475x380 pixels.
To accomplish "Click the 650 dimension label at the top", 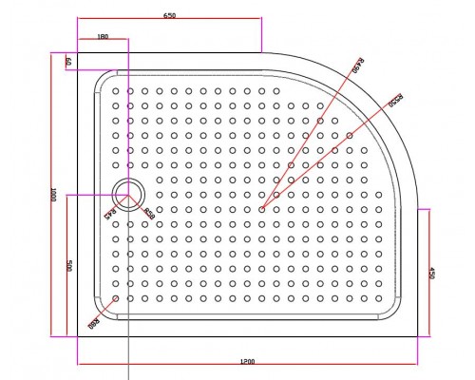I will pyautogui.click(x=169, y=15).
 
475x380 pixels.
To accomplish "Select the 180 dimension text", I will pyautogui.click(x=102, y=38).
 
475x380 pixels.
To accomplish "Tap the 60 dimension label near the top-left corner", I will pyautogui.click(x=67, y=62).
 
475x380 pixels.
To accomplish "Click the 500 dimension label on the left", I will pyautogui.click(x=69, y=266).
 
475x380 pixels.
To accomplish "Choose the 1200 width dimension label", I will pyautogui.click(x=247, y=361).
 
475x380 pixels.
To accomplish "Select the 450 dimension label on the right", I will pyautogui.click(x=433, y=273).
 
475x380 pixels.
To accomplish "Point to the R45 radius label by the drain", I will pyautogui.click(x=112, y=213).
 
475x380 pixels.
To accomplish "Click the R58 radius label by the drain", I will pyautogui.click(x=149, y=211).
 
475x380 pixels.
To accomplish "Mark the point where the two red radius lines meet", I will pyautogui.click(x=261, y=208).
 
